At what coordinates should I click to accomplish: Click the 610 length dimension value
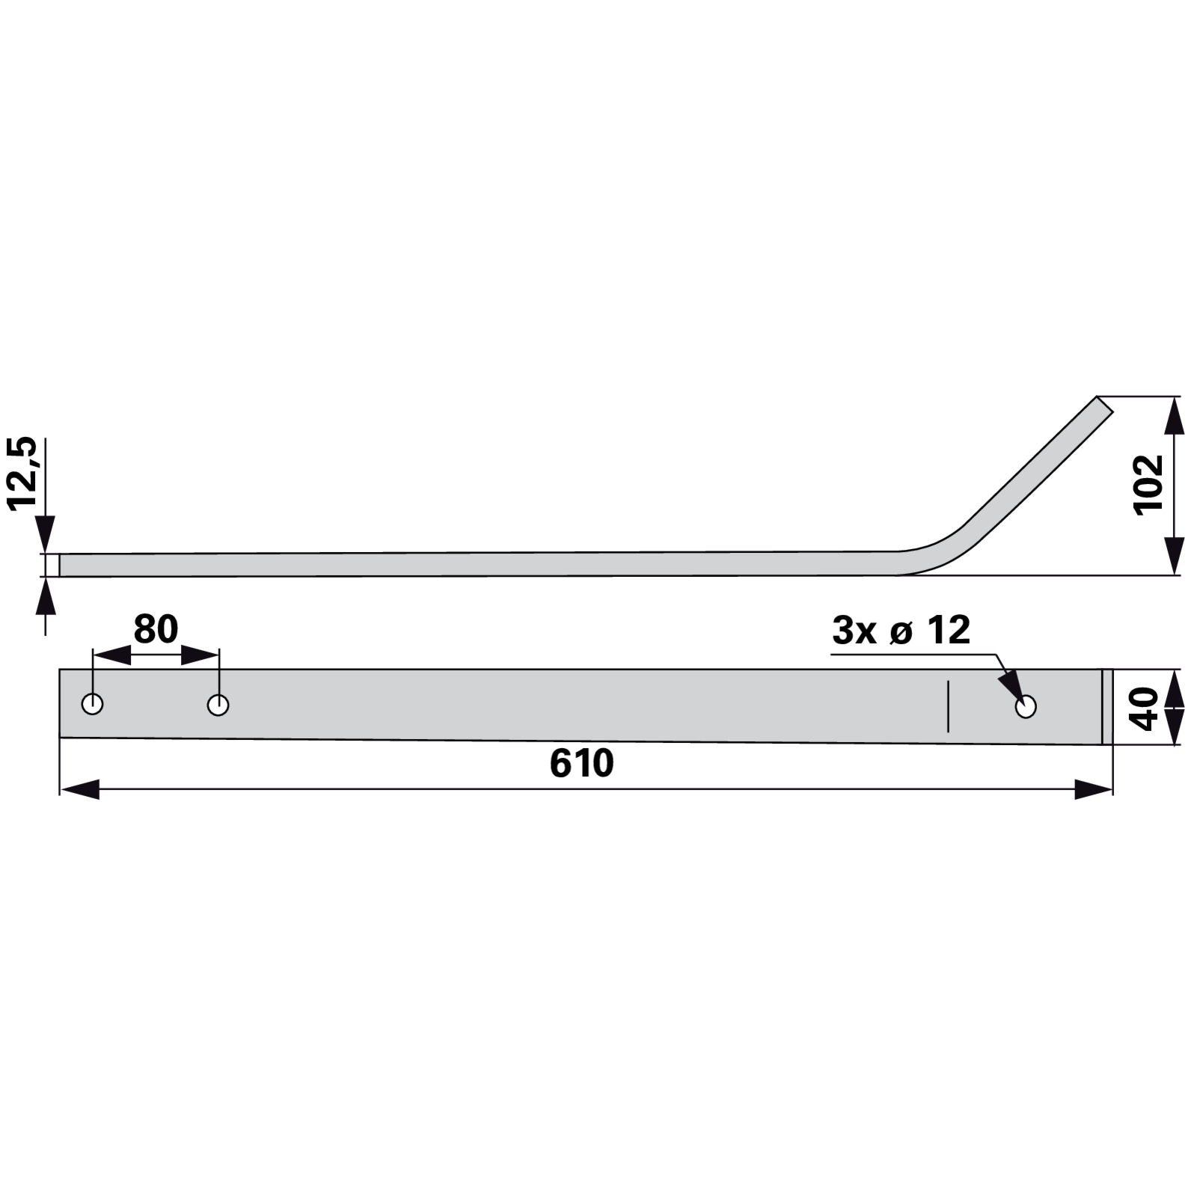click(581, 762)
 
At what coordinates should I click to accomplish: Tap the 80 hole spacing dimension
click(156, 630)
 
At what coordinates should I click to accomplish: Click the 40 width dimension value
click(1145, 708)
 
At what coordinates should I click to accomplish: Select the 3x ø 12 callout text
click(901, 631)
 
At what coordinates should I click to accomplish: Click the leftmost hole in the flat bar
click(92, 704)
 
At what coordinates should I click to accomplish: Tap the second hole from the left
click(218, 705)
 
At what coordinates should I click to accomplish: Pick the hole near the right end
click(1026, 706)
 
